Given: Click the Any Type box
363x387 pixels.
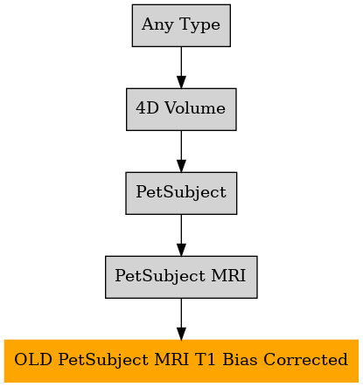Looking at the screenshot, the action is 181,25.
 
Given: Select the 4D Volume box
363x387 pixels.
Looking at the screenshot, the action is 181,109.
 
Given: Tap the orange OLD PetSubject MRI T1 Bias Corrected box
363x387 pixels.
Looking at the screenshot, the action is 181,361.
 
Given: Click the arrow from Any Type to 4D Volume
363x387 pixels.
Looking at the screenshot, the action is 181,67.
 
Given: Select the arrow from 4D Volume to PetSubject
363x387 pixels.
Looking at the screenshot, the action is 181,151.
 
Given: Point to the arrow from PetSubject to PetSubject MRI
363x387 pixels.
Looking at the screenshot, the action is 181,235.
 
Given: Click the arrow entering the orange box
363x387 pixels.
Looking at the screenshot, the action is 181,319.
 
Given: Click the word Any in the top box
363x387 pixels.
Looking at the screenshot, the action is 157,25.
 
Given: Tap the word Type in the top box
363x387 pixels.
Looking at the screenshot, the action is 200,25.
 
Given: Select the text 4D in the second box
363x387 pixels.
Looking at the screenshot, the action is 147,108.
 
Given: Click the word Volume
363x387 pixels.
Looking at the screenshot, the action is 195,108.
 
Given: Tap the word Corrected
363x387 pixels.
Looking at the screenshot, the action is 306,359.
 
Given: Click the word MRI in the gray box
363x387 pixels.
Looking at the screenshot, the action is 228,275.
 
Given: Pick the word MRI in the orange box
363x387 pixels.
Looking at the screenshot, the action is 171,359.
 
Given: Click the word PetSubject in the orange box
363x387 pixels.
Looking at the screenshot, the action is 103,360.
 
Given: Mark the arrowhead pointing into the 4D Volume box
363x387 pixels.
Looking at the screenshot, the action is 181,82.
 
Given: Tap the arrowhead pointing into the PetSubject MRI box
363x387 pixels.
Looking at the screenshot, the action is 181,250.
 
